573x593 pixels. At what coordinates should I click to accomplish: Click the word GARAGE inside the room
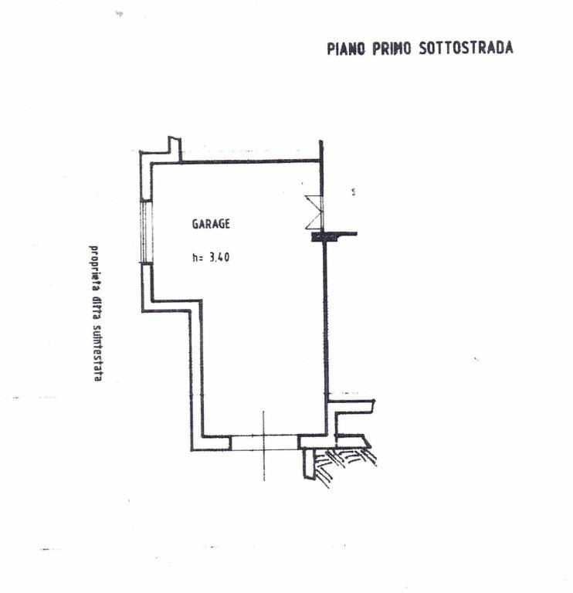point(211,225)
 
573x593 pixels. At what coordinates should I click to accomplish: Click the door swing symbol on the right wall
point(314,212)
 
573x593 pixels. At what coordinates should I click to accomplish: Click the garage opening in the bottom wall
point(264,442)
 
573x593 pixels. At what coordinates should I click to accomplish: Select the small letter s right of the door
point(354,191)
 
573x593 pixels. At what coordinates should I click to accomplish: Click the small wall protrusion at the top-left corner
point(175,147)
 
